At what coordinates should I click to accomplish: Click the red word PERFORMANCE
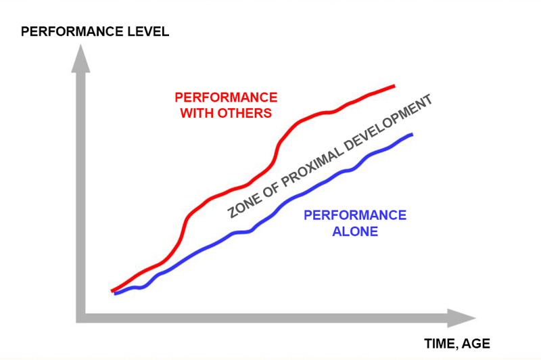[226, 97]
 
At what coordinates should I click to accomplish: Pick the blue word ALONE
[355, 231]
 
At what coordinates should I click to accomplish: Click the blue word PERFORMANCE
[355, 216]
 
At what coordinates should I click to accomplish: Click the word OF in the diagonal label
[266, 187]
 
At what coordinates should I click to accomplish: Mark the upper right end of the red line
[394, 86]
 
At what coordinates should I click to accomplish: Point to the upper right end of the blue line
[411, 135]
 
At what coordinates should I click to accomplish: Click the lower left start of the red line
[112, 290]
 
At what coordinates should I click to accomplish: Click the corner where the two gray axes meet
[82, 317]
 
